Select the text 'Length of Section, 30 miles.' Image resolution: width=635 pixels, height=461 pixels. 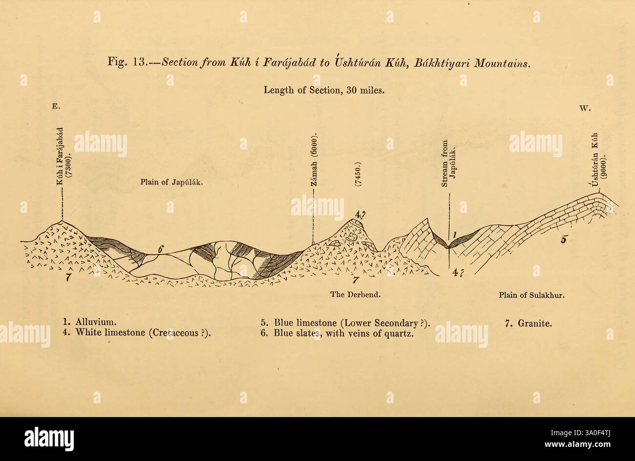pos(325,90)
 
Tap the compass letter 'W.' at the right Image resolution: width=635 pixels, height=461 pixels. pos(585,109)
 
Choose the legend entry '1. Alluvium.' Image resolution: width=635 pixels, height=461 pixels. pos(89,322)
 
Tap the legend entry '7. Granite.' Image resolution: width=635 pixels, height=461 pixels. pos(529,322)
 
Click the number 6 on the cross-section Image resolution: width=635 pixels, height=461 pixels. pos(160,249)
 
